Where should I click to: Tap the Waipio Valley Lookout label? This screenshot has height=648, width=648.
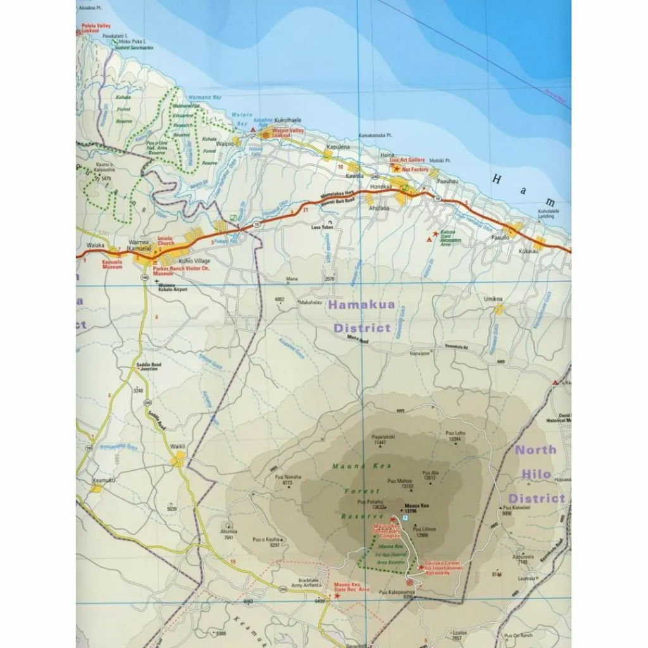(x=288, y=132)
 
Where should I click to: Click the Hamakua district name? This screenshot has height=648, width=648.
(x=362, y=304)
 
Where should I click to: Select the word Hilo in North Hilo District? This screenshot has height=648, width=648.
(x=536, y=474)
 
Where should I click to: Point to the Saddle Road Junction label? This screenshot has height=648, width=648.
(x=146, y=367)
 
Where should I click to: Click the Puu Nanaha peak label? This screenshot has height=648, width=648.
(x=288, y=477)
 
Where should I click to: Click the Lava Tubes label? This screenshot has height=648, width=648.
(x=321, y=227)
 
